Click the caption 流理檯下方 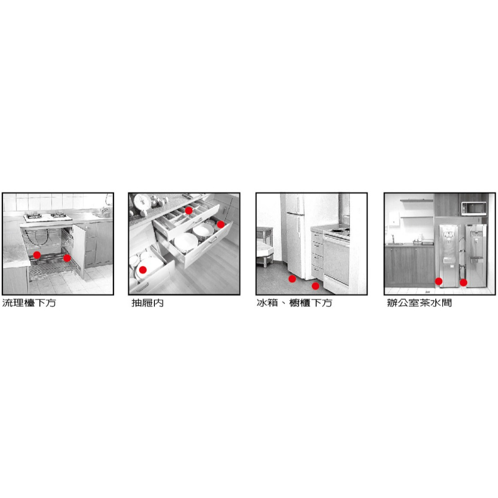tap(29, 303)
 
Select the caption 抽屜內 tap(148, 303)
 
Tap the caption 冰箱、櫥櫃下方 tap(294, 303)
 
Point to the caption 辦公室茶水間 tap(419, 303)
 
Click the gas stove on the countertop tap(48, 217)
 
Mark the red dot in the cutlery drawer tap(189, 211)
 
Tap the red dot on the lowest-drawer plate tap(143, 270)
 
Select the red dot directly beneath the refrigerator tap(292, 279)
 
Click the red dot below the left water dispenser tap(439, 281)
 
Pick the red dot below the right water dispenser tap(463, 282)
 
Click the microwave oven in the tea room tap(474, 208)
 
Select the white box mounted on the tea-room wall tap(394, 219)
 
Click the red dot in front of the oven tap(315, 286)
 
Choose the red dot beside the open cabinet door tap(67, 258)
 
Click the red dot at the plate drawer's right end tap(221, 225)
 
